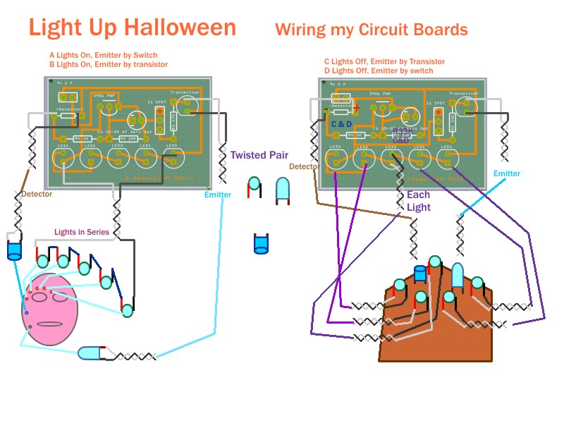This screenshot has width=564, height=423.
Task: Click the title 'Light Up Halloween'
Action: (133, 27)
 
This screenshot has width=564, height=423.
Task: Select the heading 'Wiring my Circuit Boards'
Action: (372, 30)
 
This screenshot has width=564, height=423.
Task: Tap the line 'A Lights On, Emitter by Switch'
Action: (103, 55)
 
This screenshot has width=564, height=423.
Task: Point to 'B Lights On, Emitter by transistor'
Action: (109, 64)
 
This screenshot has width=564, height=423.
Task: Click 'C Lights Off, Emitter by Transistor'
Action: (379, 61)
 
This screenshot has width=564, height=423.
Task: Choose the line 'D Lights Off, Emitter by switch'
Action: (379, 70)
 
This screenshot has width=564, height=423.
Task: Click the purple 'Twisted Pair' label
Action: (259, 154)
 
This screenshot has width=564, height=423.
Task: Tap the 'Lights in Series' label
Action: (84, 232)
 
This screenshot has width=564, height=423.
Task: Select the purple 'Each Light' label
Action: (418, 201)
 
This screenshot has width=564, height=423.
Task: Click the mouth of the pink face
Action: (49, 324)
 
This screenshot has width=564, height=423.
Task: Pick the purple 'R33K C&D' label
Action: (401, 136)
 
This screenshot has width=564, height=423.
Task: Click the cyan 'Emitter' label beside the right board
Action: (506, 173)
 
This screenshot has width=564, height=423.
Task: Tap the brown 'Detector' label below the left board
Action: (37, 194)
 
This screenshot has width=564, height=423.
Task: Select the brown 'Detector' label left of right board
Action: (303, 166)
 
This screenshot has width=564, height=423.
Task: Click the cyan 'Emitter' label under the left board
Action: (217, 195)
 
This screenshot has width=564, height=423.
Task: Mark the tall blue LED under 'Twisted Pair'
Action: (282, 190)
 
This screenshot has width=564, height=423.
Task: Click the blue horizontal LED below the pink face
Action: (92, 352)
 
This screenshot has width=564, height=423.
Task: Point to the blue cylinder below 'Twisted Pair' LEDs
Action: (261, 244)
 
